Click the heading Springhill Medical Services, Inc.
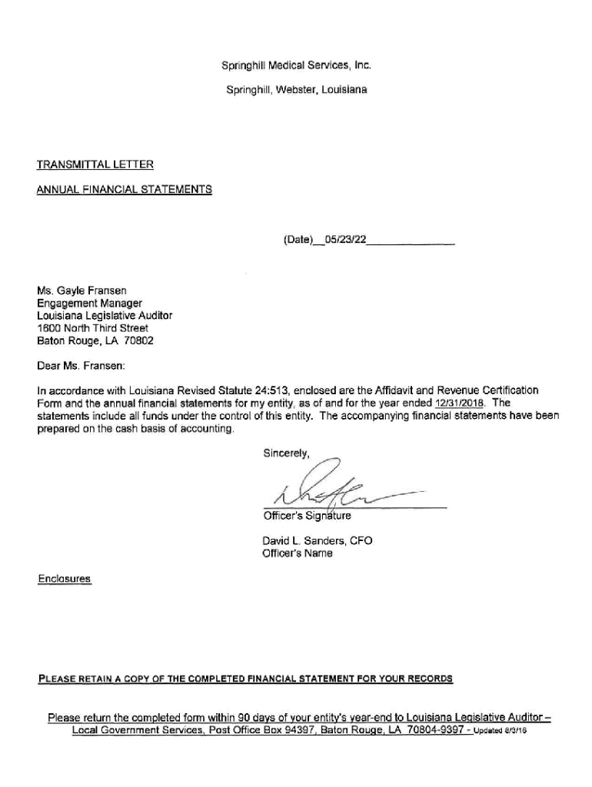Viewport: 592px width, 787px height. (x=297, y=65)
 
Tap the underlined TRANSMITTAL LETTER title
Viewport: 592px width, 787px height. (x=95, y=164)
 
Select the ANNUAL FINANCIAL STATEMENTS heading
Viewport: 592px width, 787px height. (x=125, y=189)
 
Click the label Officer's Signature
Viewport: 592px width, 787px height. (x=307, y=516)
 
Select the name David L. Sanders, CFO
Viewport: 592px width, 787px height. (x=317, y=541)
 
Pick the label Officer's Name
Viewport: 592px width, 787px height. (x=298, y=554)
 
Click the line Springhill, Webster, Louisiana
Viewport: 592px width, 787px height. (x=297, y=90)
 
